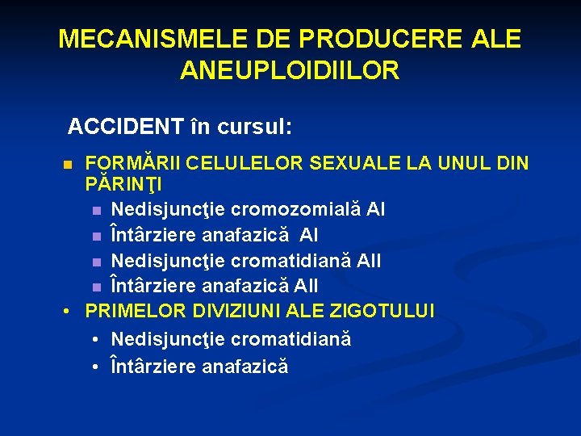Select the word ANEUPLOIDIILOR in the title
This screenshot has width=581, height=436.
click(x=290, y=71)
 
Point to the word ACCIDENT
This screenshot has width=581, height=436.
click(x=124, y=127)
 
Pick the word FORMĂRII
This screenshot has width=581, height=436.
click(x=133, y=164)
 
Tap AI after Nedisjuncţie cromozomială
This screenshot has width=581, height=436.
click(x=375, y=210)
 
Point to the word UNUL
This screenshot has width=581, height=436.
click(x=460, y=164)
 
